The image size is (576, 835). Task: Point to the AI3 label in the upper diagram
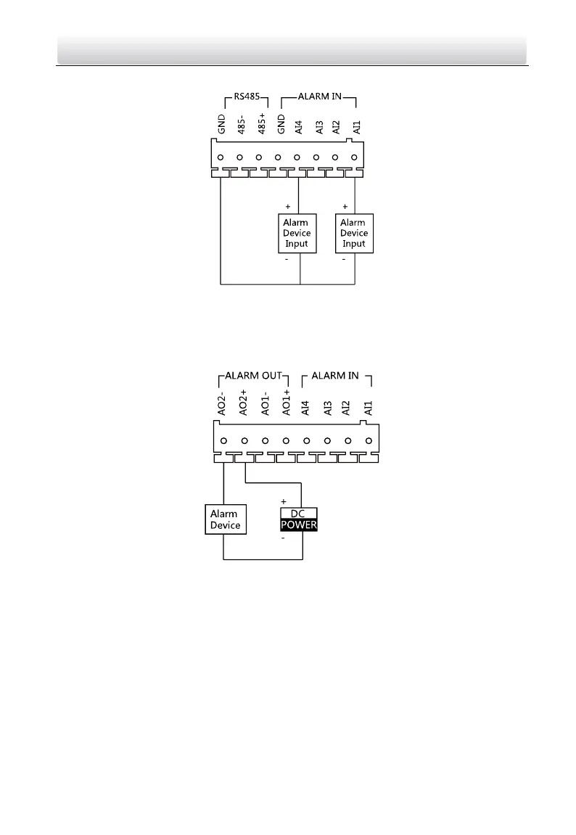(x=316, y=128)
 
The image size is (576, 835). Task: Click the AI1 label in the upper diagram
(x=355, y=128)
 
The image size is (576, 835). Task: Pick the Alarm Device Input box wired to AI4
(x=297, y=233)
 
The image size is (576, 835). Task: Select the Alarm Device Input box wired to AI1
(x=354, y=233)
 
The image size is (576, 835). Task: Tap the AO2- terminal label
(x=223, y=404)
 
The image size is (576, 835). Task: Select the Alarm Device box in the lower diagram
(x=225, y=519)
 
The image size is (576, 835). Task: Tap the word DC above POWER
(x=300, y=514)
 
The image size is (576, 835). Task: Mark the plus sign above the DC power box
(x=284, y=501)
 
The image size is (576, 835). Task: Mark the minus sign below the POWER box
(x=284, y=539)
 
